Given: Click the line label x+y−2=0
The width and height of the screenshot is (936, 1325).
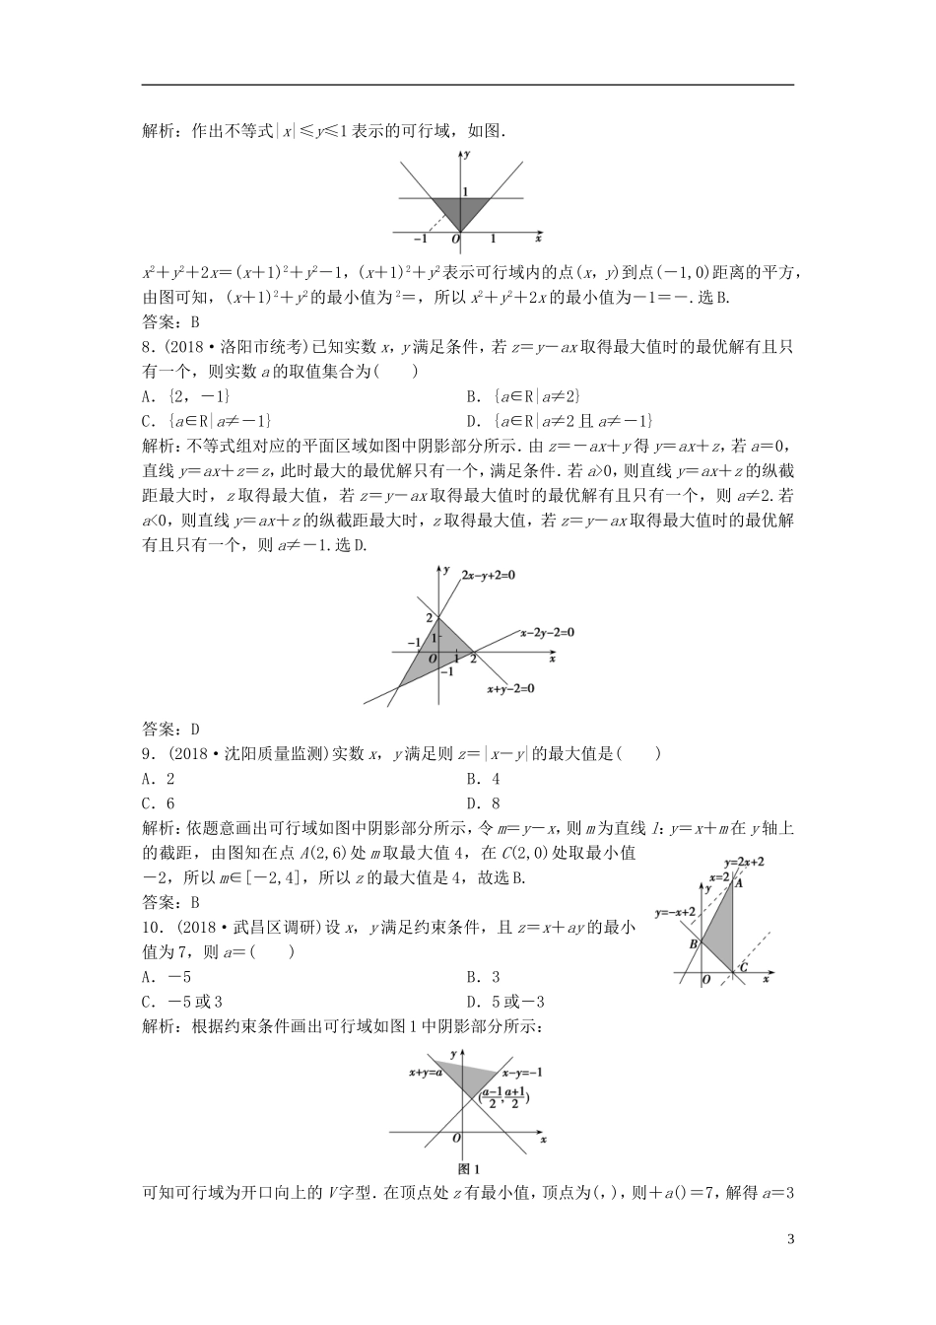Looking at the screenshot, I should pos(510,688).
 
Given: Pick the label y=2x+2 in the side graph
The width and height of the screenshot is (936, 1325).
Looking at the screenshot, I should pos(744,862).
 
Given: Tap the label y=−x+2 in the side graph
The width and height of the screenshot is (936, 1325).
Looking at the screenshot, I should pos(675,912).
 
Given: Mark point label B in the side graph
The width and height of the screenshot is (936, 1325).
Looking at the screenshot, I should pos(693,944).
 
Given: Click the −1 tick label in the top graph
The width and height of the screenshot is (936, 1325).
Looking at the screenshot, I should pos(421,239).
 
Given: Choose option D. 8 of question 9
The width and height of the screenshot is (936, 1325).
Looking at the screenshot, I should pos(484,803).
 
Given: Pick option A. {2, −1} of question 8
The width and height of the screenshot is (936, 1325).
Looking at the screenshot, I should pos(186,395).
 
